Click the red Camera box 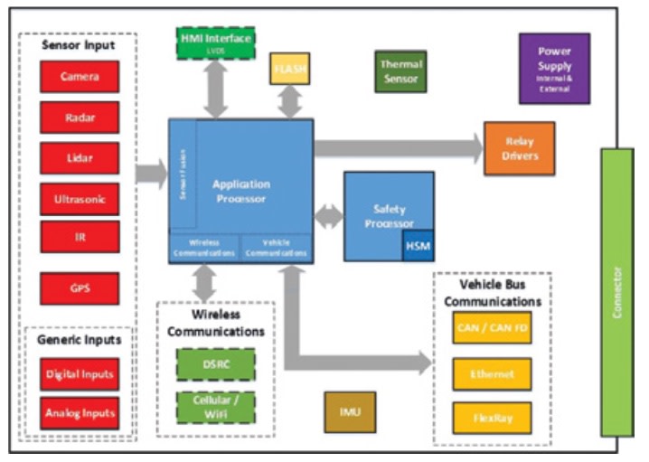pos(80,76)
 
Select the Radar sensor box pos(80,117)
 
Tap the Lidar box pos(80,157)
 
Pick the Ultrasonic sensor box pos(80,198)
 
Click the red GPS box pos(80,288)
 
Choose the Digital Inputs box pos(80,373)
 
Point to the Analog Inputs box pos(80,414)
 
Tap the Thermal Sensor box pos(400,71)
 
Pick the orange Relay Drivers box pos(519,148)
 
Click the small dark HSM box pos(418,246)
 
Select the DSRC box pos(215,364)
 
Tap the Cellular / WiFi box pos(215,407)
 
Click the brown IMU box pos(350,411)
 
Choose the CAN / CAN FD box pos(492,327)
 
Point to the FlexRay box pos(492,418)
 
